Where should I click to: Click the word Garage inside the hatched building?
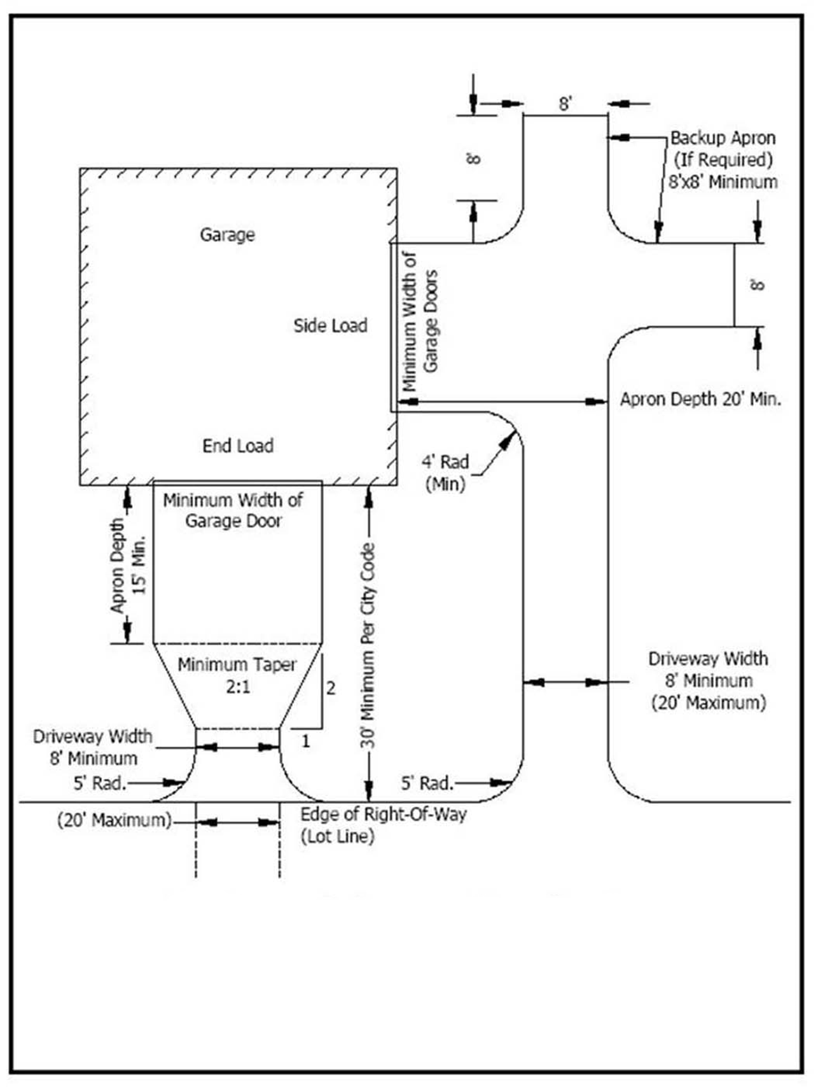(x=227, y=235)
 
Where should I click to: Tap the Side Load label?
(x=330, y=326)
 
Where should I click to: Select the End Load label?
(x=238, y=445)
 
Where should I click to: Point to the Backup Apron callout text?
(x=723, y=160)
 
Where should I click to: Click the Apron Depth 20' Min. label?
(x=700, y=399)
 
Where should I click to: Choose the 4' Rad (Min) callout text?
(x=445, y=473)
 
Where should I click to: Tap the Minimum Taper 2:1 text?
(x=237, y=676)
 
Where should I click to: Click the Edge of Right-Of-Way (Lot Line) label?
(x=383, y=825)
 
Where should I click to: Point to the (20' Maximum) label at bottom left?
(x=114, y=820)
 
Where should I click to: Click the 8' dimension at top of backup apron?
(x=565, y=104)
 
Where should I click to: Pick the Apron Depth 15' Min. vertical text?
(x=128, y=565)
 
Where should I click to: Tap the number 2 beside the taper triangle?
(x=331, y=688)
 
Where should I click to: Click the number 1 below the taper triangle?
(x=306, y=741)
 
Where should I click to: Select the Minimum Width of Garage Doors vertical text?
(x=420, y=321)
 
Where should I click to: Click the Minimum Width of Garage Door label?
(x=233, y=510)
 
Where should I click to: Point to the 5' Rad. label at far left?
(x=100, y=783)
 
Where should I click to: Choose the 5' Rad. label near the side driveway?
(x=427, y=783)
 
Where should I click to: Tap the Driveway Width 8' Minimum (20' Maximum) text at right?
(x=708, y=680)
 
